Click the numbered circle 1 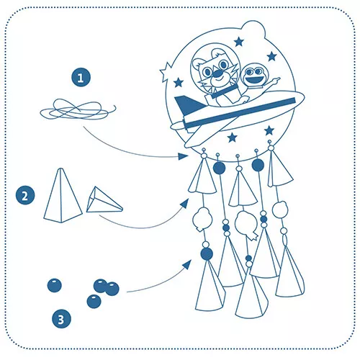[x=81, y=78]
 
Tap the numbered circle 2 [x=25, y=195]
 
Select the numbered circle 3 [x=61, y=319]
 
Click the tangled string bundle [x=78, y=109]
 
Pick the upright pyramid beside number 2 [x=63, y=196]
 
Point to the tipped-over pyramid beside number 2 [x=104, y=200]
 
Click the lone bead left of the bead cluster [x=54, y=285]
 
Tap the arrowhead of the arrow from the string [x=183, y=156]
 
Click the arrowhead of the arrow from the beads [x=187, y=264]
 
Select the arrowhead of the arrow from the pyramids [x=184, y=204]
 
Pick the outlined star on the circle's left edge [x=166, y=72]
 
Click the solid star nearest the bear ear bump [x=239, y=42]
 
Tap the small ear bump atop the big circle [x=253, y=29]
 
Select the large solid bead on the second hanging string [x=219, y=168]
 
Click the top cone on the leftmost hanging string [x=202, y=176]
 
